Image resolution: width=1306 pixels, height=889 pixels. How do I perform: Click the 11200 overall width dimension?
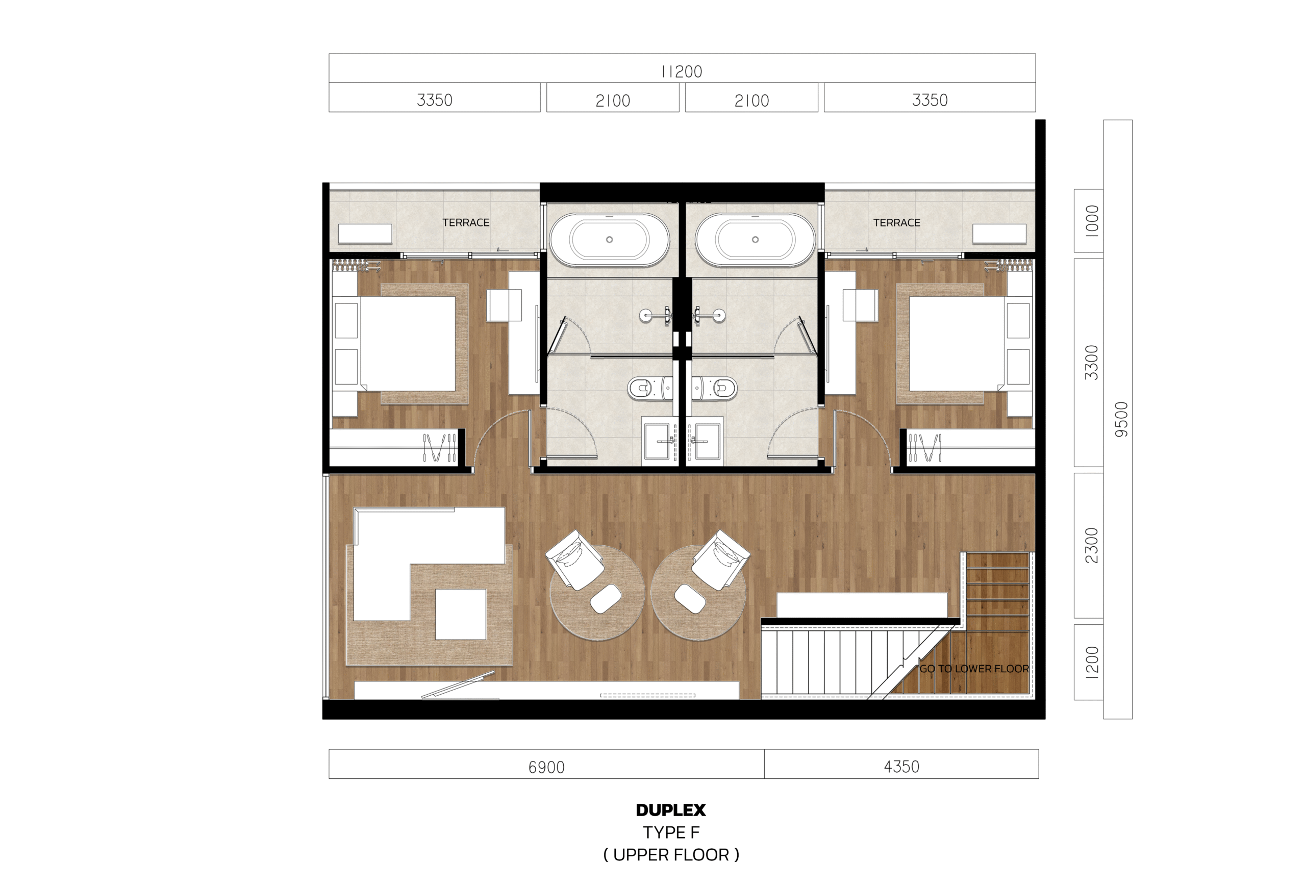pyautogui.click(x=681, y=71)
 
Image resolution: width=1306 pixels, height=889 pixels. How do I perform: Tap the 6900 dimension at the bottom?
pyautogui.click(x=546, y=767)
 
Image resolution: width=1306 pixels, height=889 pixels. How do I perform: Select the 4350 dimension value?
pyautogui.click(x=901, y=767)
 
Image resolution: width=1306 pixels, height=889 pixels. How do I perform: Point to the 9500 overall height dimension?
pyautogui.click(x=1121, y=419)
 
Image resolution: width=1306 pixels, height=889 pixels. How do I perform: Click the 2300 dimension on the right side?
pyautogui.click(x=1091, y=545)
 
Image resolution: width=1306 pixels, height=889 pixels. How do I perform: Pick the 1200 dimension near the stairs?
pyautogui.click(x=1091, y=663)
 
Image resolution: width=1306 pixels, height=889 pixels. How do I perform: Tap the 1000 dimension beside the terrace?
pyautogui.click(x=1091, y=221)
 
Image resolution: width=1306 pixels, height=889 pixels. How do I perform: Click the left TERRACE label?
pyautogui.click(x=466, y=222)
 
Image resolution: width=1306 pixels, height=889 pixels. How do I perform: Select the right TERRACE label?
pyautogui.click(x=896, y=222)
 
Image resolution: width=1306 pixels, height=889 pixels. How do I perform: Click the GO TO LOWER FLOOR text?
pyautogui.click(x=974, y=669)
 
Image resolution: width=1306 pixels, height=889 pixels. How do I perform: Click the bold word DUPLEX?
pyautogui.click(x=671, y=810)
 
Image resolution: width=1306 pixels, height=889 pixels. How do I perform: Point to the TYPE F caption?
pyautogui.click(x=671, y=832)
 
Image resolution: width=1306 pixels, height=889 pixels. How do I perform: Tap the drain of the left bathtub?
pyautogui.click(x=609, y=239)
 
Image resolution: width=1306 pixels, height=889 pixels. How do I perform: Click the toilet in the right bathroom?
pyautogui.click(x=715, y=388)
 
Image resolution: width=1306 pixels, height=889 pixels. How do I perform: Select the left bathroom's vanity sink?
pyautogui.click(x=659, y=441)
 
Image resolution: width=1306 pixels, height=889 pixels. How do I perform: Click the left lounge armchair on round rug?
pyautogui.click(x=574, y=560)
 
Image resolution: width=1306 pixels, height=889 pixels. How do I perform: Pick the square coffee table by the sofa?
pyautogui.click(x=461, y=614)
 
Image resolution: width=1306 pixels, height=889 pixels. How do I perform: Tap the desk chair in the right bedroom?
pyautogui.click(x=860, y=305)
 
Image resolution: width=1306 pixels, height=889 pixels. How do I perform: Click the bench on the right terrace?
pyautogui.click(x=999, y=234)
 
